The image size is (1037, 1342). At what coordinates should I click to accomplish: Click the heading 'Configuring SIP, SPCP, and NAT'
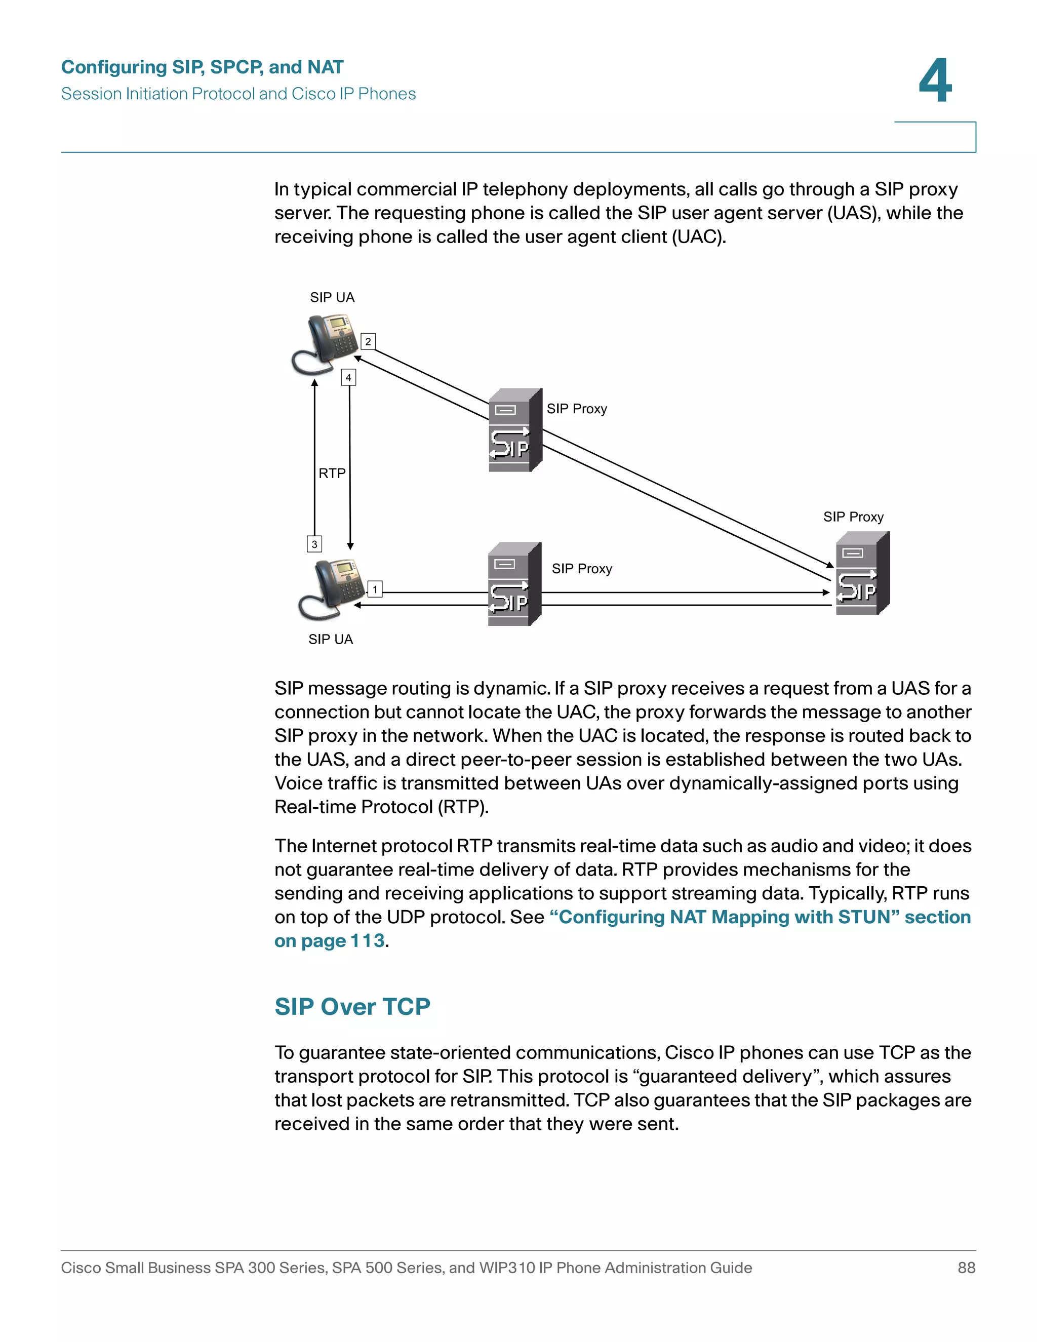202,67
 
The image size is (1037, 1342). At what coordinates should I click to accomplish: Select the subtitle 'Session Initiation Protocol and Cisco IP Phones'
238,94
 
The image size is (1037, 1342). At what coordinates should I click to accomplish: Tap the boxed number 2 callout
368,342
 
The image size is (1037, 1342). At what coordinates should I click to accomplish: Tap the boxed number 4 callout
348,377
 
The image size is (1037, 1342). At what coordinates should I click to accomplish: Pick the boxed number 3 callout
314,544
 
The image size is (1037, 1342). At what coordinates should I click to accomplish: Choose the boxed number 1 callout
375,589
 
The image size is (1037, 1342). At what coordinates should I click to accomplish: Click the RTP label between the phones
332,473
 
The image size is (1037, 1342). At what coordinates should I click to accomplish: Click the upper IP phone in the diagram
326,343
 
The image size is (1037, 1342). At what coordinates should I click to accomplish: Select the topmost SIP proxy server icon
515,430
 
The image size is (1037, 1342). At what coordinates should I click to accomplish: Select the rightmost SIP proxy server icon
862,573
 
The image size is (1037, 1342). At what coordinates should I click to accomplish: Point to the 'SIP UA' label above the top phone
332,297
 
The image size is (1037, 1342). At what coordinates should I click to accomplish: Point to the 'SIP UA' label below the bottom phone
331,640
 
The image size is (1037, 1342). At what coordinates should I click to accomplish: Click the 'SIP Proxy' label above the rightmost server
853,517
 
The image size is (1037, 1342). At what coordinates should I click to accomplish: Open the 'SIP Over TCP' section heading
352,1007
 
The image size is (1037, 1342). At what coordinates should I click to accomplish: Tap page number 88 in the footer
966,1268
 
